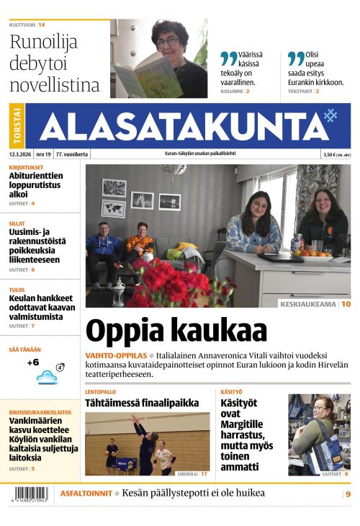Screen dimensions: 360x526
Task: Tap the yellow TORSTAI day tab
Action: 17,126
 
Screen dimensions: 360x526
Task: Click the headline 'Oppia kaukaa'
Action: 176,331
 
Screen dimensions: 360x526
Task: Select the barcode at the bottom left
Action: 30,494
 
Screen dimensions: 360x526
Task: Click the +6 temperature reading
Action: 32,362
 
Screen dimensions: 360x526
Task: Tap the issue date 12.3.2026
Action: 19,154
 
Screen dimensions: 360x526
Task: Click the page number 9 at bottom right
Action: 348,494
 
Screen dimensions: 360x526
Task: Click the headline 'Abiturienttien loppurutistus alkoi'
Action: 36,184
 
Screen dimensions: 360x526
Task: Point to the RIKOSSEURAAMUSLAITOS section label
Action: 40,413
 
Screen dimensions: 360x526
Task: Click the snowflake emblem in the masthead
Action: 330,115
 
